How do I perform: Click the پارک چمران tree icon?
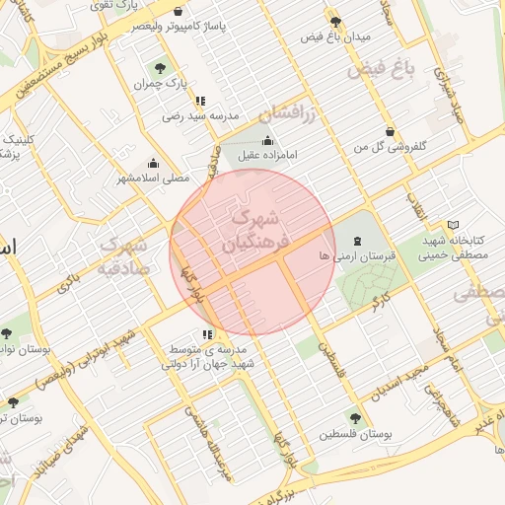(x=160, y=67)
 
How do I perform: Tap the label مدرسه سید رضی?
(x=201, y=116)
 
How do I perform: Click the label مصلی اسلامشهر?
(x=153, y=179)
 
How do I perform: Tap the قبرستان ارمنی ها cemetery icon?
(x=357, y=241)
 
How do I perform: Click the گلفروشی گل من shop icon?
(x=392, y=131)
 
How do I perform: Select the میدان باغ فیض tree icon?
(x=336, y=21)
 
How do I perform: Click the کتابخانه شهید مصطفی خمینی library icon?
(x=453, y=225)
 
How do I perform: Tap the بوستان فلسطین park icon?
(x=355, y=418)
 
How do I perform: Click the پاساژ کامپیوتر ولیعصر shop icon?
(x=178, y=12)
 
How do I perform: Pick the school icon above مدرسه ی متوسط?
(x=207, y=334)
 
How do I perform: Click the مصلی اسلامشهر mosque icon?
(x=153, y=164)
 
